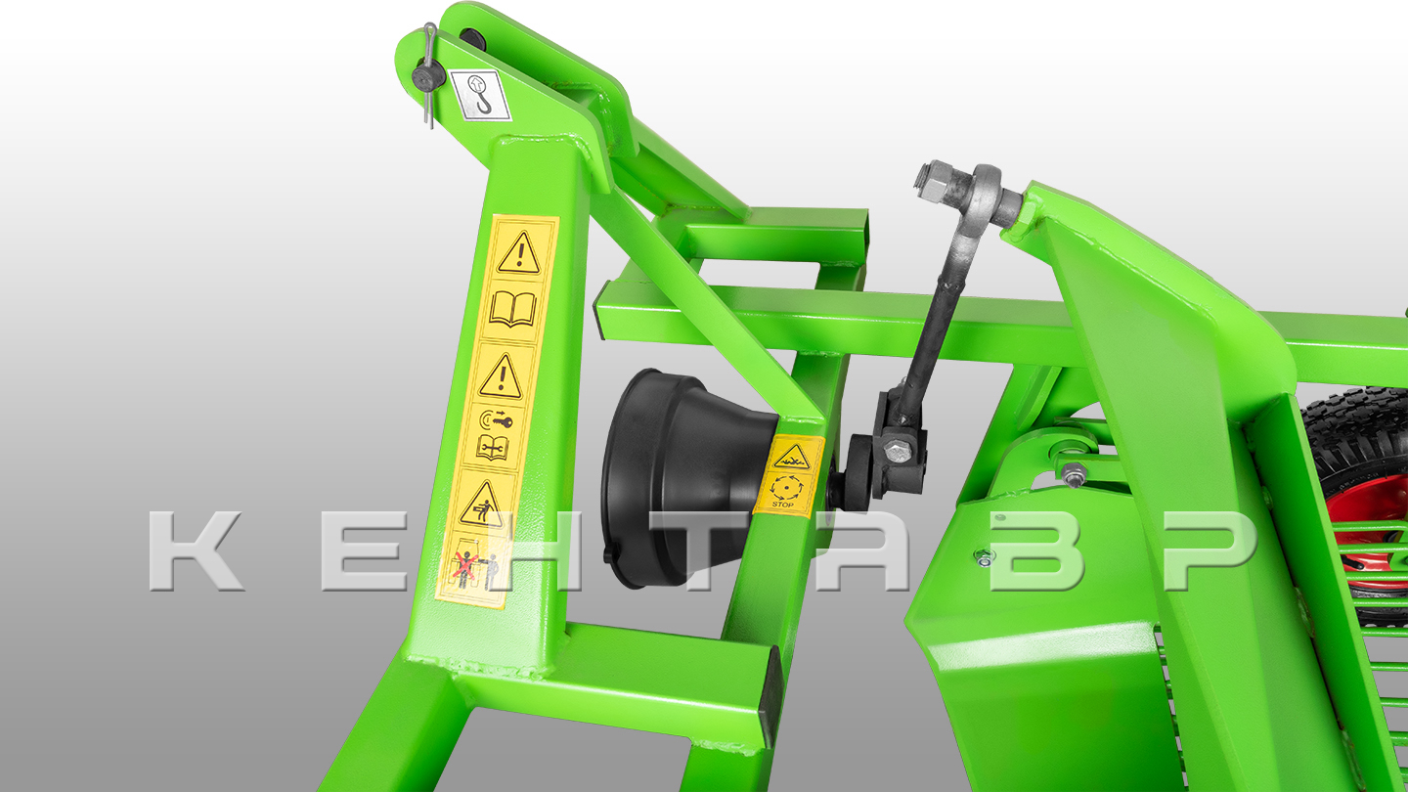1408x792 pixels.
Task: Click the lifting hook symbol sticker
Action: (480, 96)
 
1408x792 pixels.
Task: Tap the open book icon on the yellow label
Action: (512, 308)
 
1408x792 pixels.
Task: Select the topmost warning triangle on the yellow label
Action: (519, 252)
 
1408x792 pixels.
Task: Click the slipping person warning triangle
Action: (480, 505)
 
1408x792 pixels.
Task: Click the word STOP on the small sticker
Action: (782, 505)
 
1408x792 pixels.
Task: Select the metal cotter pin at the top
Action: (428, 75)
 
